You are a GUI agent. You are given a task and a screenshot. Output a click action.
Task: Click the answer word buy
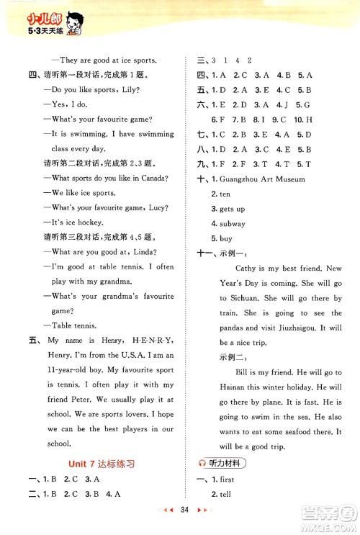coord(220,238)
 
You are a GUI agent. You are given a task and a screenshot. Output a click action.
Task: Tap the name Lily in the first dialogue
coord(131,90)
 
